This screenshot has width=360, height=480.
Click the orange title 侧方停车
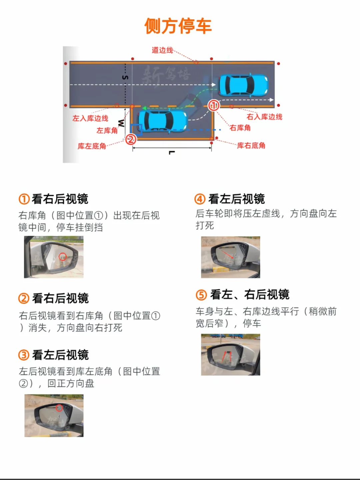[178, 26]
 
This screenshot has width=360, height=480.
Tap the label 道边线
[162, 50]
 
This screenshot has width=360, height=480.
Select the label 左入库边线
[90, 118]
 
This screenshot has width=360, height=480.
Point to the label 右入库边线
[264, 117]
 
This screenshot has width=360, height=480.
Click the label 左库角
[107, 130]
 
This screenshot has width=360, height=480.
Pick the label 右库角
[240, 128]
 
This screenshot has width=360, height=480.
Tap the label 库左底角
[92, 146]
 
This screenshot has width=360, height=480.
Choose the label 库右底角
[251, 145]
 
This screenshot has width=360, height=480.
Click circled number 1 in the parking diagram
[214, 105]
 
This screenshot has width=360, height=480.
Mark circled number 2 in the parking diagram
[131, 139]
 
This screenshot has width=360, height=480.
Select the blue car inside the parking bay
[162, 120]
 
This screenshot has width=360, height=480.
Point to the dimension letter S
[125, 77]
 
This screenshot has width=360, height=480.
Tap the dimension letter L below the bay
[171, 153]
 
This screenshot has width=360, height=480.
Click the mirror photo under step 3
[54, 415]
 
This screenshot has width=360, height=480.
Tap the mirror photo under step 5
[230, 355]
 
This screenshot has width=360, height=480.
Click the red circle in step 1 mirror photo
[62, 256]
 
